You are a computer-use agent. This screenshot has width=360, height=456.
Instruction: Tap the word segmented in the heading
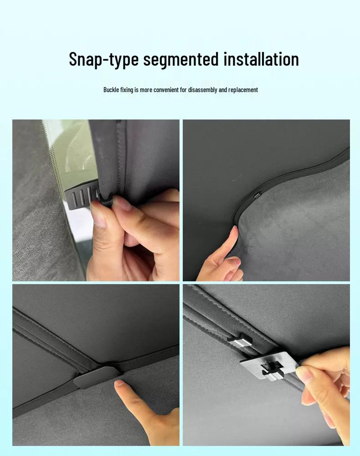[x=181, y=59]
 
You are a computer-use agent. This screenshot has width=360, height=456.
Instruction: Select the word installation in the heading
[x=261, y=59]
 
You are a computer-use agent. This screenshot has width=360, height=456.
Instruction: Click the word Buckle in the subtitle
[x=111, y=89]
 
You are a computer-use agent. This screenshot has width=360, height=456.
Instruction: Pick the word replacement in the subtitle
[x=243, y=90]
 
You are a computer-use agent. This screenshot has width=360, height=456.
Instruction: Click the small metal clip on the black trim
[x=257, y=196]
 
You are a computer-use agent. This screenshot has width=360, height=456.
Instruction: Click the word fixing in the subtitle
[x=127, y=90]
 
